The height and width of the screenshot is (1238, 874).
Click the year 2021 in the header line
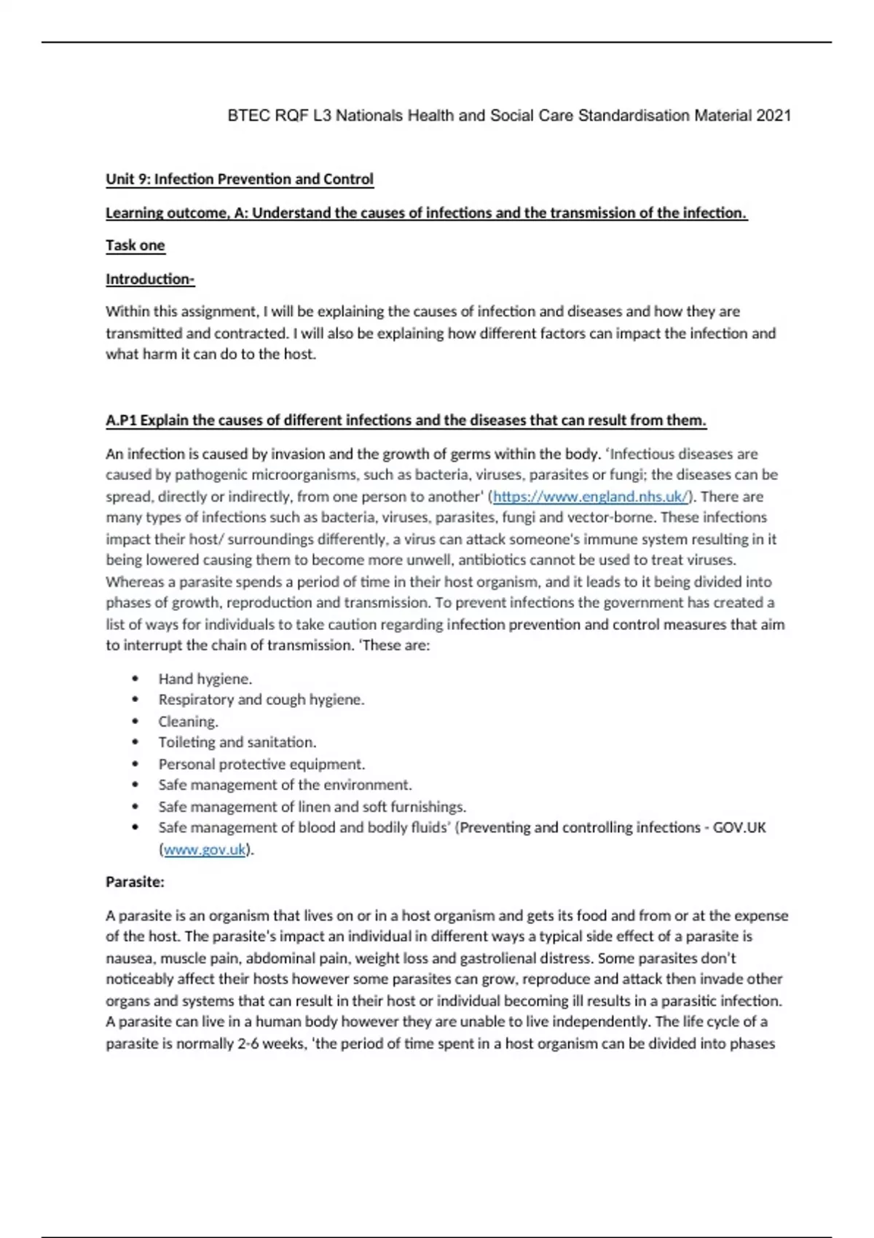773,115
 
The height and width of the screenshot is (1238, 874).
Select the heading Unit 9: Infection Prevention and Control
240,179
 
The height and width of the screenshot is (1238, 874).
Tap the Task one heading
135,245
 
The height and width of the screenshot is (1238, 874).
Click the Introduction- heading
150,279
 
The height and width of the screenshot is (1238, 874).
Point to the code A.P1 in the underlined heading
121,420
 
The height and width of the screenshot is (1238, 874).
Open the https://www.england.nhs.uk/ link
591,497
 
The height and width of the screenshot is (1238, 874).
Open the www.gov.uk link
205,849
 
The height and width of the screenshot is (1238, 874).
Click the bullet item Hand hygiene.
205,679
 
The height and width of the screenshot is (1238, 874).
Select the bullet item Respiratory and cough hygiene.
261,700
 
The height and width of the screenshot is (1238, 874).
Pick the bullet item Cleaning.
189,722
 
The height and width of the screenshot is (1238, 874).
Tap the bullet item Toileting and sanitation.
237,742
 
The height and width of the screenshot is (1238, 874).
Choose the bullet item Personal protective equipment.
261,764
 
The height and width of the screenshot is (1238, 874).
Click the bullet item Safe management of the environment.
285,785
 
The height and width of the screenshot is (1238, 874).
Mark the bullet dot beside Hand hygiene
135,679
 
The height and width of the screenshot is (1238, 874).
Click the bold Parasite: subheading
135,882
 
